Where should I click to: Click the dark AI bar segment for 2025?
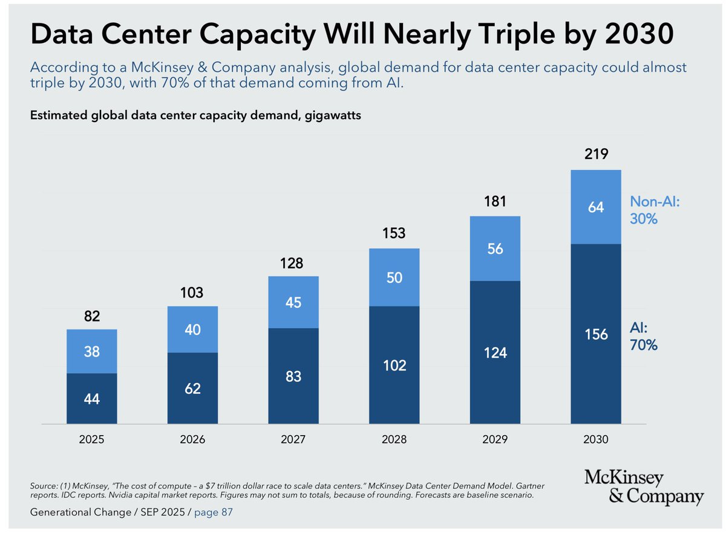pos(91,398)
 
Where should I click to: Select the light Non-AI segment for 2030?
pos(596,207)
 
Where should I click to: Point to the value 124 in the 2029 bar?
pos(495,352)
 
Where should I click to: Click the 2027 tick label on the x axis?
pos(293,439)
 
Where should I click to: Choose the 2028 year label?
pos(394,439)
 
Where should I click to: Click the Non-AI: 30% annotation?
pos(655,210)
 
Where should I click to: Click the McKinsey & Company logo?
pos(644,488)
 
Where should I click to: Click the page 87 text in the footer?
pos(212,512)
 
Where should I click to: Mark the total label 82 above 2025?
pos(91,317)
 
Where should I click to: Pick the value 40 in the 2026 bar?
pos(192,330)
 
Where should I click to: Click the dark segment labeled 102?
pos(394,365)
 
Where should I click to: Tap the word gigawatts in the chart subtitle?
pos(331,116)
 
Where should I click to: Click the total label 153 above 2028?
pos(394,234)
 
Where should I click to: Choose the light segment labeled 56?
pos(495,248)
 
